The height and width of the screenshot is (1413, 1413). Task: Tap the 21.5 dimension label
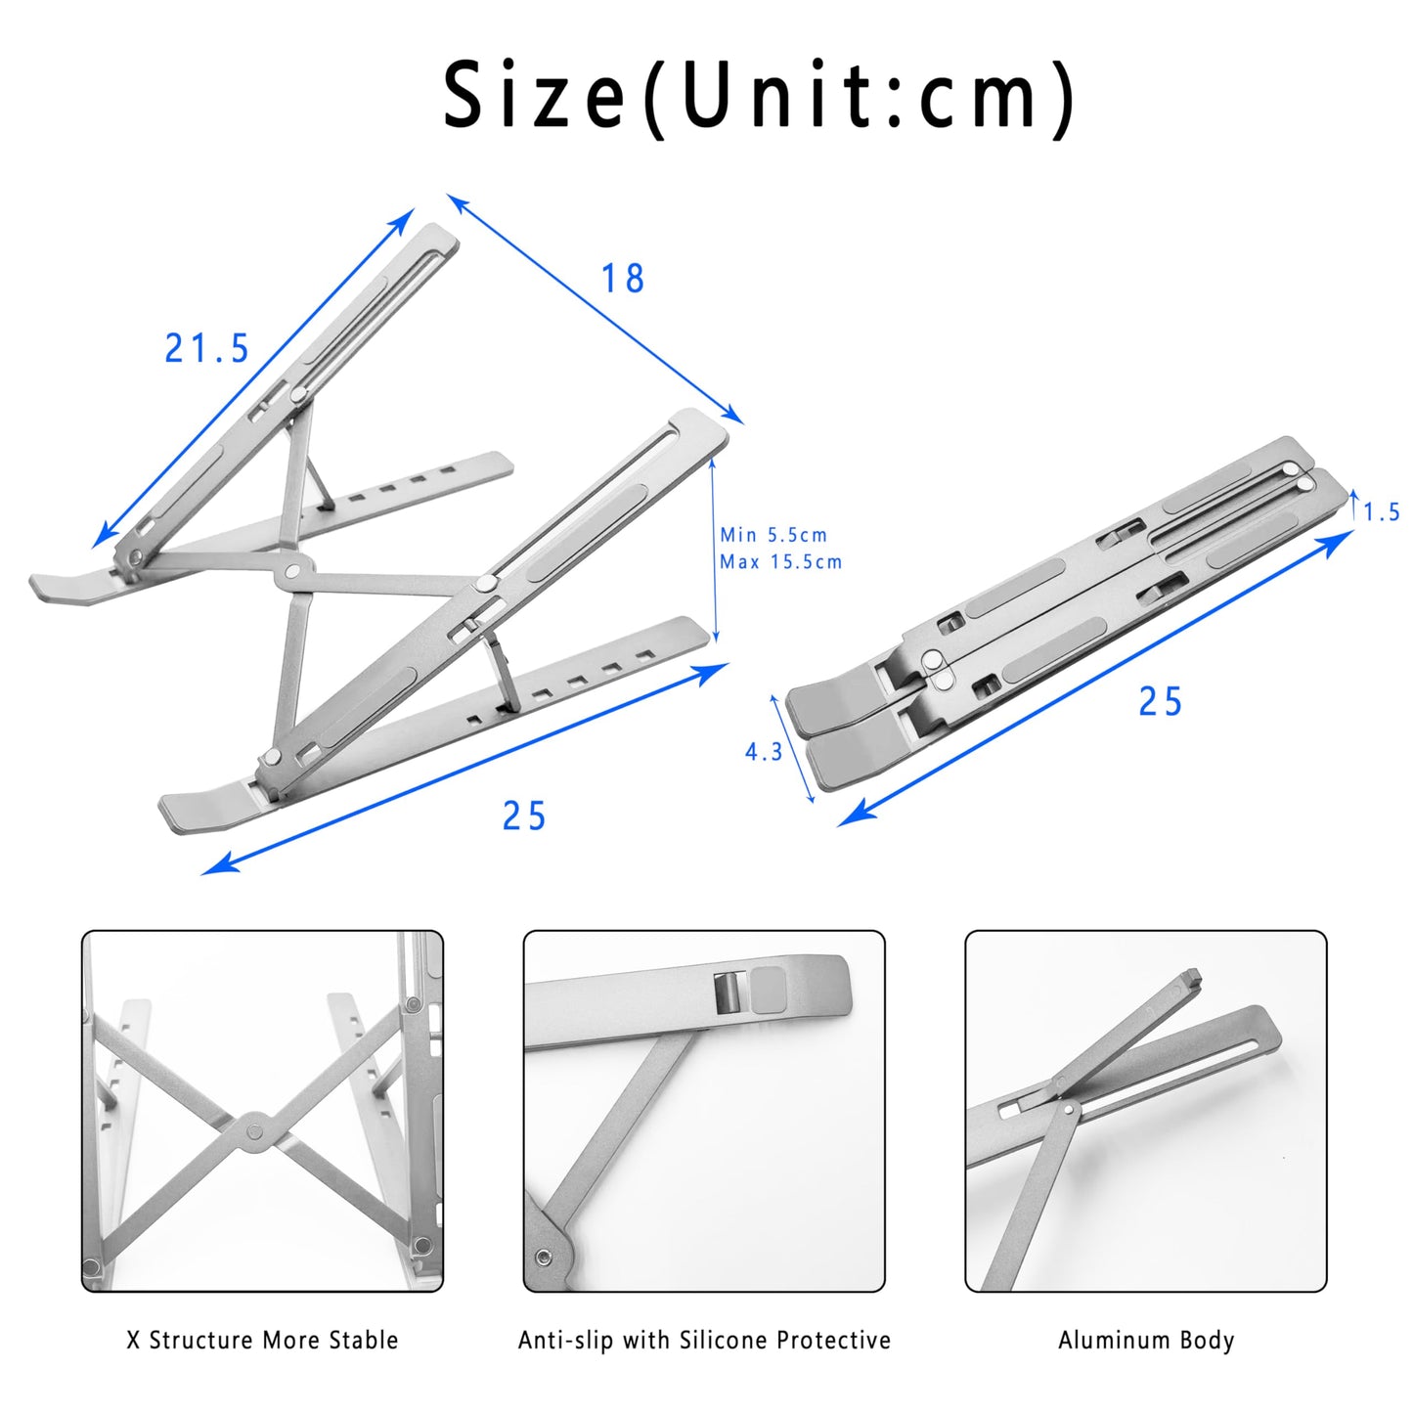pos(207,349)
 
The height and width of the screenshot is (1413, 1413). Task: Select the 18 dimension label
pos(623,279)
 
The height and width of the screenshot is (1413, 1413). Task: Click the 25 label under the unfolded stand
pos(524,816)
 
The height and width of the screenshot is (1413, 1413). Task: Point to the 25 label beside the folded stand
pos(1161,702)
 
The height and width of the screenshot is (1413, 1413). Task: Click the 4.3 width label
pos(764,752)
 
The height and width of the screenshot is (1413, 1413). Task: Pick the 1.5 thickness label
pos(1382,512)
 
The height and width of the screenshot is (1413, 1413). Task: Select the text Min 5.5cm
pos(773,535)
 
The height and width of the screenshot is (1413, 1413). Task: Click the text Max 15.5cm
pos(780,562)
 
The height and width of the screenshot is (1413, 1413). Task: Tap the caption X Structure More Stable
pos(262,1340)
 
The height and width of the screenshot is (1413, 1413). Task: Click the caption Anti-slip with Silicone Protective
pos(704,1340)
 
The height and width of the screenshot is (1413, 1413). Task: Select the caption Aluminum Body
pos(1146,1340)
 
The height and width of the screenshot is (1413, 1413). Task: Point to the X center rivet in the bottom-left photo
pos(255,1130)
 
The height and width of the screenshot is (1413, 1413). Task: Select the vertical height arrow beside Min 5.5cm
pos(715,548)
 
